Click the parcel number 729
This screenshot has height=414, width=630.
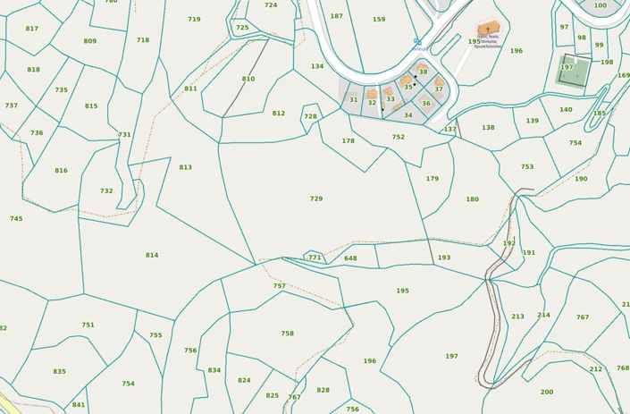(315, 199)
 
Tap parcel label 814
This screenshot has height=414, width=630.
(152, 255)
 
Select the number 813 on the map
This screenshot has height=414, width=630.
(185, 167)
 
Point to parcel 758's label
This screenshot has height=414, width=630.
(287, 334)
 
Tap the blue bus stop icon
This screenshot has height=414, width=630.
(416, 40)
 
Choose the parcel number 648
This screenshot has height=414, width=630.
(350, 258)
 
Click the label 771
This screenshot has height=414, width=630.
(315, 258)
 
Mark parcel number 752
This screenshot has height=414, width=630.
(398, 137)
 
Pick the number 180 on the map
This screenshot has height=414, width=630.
(472, 199)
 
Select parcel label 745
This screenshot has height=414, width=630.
(16, 218)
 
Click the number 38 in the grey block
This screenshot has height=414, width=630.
(423, 72)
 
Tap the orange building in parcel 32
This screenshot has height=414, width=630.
(372, 94)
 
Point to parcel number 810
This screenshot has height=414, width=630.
(248, 79)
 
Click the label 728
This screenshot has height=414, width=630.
(310, 116)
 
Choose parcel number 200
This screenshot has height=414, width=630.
(546, 392)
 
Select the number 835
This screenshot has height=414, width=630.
(59, 371)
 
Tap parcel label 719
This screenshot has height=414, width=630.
(194, 19)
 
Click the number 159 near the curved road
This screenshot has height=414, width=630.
(379, 19)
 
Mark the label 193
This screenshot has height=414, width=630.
(444, 258)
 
